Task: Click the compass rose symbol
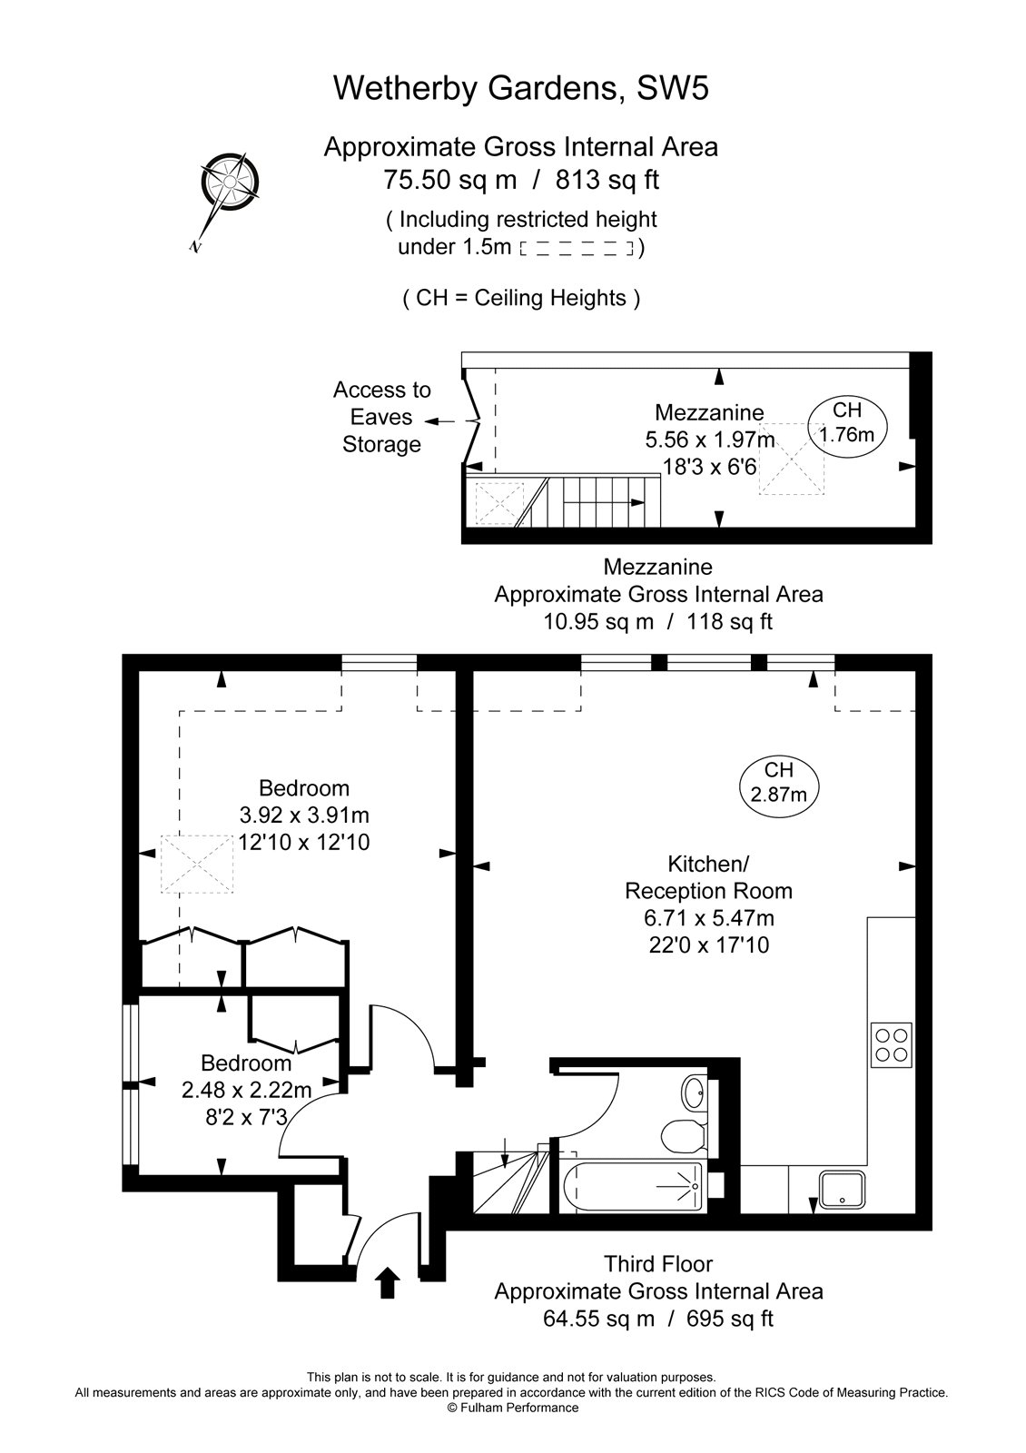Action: tap(229, 182)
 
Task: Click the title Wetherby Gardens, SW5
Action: tap(520, 88)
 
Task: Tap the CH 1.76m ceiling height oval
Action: tap(846, 422)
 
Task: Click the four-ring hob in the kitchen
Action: tap(891, 1043)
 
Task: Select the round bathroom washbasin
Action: tap(694, 1091)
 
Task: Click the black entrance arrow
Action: tap(388, 1283)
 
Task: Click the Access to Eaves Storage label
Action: tap(381, 417)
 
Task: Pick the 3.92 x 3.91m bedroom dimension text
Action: tap(303, 815)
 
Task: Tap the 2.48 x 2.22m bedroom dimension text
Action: tap(246, 1090)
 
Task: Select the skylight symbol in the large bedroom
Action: tap(197, 863)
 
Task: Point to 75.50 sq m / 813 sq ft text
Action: tap(520, 180)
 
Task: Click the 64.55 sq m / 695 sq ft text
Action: tap(657, 1318)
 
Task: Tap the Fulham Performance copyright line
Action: tap(512, 1408)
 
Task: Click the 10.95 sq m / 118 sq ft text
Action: tap(657, 621)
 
